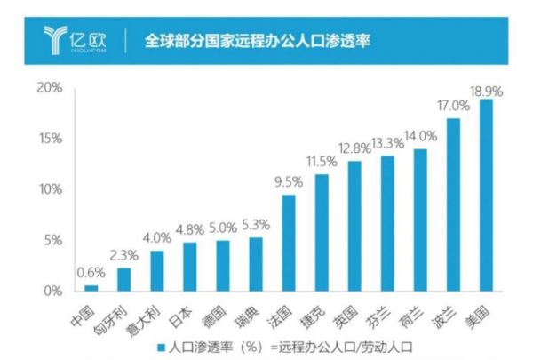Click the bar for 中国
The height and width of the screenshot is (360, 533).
(x=91, y=287)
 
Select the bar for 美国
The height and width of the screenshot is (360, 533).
(x=486, y=195)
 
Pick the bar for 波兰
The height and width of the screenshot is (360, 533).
(x=453, y=204)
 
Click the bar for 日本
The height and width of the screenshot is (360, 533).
(x=190, y=267)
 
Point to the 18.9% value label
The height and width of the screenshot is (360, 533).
(x=486, y=90)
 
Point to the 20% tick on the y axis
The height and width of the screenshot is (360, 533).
(x=48, y=87)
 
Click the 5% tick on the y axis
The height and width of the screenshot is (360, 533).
(x=52, y=240)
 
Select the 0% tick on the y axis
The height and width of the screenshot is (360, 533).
(x=52, y=291)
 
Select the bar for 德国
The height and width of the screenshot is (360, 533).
(x=223, y=266)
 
